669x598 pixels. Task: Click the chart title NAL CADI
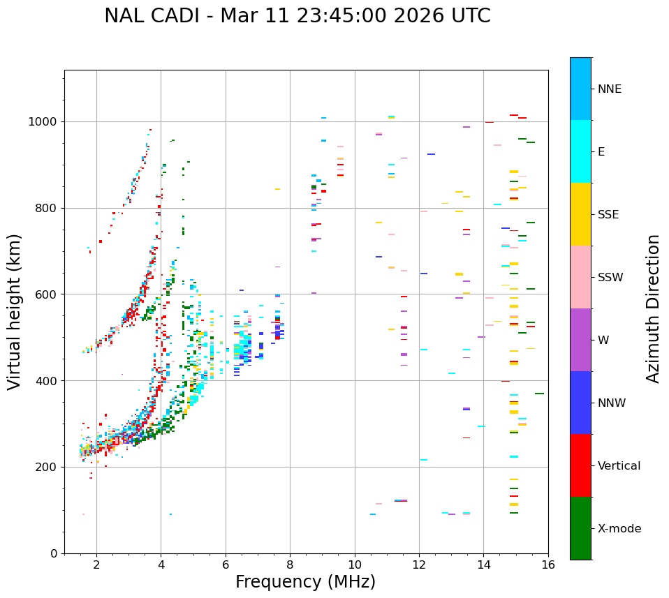152,16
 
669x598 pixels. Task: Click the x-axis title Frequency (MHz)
305,582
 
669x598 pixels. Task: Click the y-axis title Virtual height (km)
15,312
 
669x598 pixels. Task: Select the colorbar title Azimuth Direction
653,308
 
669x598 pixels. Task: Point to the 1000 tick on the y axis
46,121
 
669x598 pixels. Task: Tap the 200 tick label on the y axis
49,467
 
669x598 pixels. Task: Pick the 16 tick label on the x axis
548,564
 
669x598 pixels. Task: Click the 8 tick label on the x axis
290,564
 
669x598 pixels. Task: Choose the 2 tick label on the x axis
96,564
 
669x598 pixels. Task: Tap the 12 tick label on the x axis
419,564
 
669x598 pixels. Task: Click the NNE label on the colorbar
609,89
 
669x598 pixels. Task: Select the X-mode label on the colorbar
619,529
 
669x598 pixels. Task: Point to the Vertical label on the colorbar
619,466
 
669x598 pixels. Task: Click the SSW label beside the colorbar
610,278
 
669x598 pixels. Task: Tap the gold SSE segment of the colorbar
580,214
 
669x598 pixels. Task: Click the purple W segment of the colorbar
580,340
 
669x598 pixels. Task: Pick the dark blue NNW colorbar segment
580,403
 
